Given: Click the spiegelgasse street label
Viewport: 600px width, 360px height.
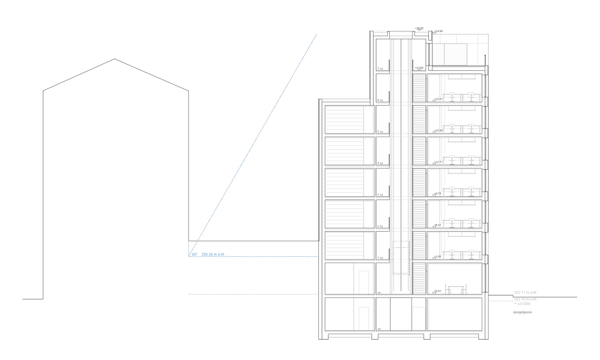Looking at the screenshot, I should click(522, 312).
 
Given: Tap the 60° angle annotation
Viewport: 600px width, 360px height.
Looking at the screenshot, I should click(194, 254).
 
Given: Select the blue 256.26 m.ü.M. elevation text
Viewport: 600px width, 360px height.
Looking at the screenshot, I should click(213, 254).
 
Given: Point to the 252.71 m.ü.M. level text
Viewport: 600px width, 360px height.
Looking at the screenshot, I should click(525, 293).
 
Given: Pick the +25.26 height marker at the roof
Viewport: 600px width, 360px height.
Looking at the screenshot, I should click(419, 28).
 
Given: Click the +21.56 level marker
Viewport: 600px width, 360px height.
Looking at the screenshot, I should click(419, 68).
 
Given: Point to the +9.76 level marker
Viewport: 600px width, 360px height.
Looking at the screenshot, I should click(438, 194).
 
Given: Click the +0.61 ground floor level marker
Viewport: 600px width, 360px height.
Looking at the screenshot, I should click(438, 291).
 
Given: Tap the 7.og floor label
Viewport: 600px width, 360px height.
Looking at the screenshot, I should click(380, 69).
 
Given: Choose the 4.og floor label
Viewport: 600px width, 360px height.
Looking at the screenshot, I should click(380, 163).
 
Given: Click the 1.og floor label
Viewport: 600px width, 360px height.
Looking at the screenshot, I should click(380, 258).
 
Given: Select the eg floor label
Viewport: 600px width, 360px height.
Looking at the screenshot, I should click(379, 292).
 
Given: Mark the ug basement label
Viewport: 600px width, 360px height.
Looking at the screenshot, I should click(379, 329).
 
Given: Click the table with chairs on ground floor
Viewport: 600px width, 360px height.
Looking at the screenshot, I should click(456, 290).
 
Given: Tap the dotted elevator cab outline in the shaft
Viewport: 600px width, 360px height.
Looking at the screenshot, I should click(402, 258).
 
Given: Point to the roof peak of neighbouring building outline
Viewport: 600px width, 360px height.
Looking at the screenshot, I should click(115, 59).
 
